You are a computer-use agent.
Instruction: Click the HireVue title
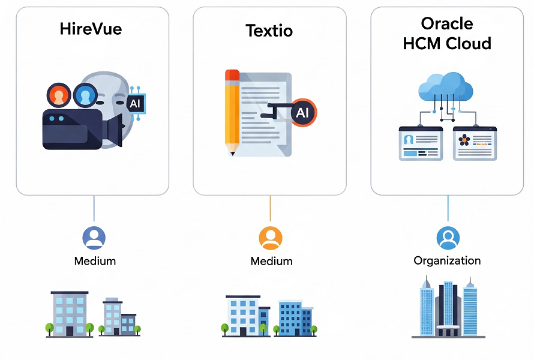coord(91,29)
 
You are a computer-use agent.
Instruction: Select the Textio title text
coord(269,31)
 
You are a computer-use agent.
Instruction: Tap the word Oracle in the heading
coord(447,24)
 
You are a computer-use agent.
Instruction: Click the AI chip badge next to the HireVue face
coord(136,103)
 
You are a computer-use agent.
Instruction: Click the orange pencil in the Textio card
coord(233,112)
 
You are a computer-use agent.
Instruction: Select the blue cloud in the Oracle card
coord(446,86)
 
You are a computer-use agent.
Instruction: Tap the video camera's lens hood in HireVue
coord(115,130)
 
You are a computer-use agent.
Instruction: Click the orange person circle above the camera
coord(59,95)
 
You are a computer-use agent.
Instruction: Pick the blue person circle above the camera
coord(85,95)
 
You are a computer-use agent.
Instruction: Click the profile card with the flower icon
coord(475,143)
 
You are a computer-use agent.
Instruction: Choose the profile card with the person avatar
coord(421,143)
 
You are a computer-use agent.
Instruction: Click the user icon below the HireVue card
coord(94,238)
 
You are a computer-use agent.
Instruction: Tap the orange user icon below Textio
coord(271,238)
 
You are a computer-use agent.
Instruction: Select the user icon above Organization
coord(448,238)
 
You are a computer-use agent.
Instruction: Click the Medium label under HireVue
coord(95,261)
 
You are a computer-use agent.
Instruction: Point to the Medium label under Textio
coord(271,261)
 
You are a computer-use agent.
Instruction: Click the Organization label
coord(447,260)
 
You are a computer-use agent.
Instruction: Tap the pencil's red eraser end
coord(232,75)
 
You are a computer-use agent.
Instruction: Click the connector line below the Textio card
coord(270,208)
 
